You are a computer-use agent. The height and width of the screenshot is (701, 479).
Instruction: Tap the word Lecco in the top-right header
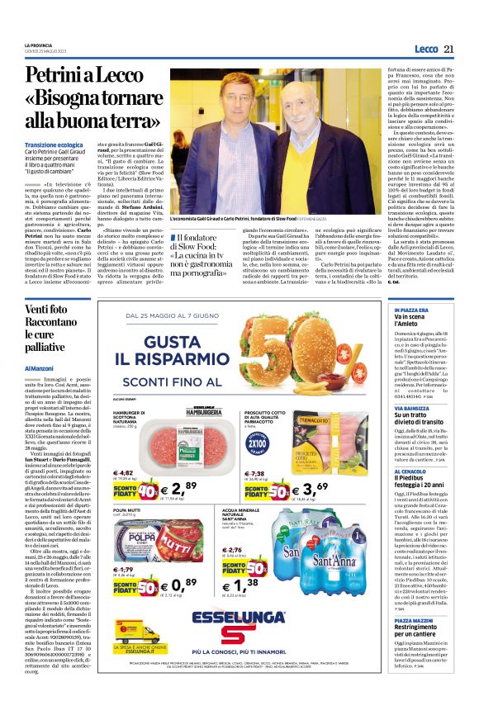click(x=426, y=50)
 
